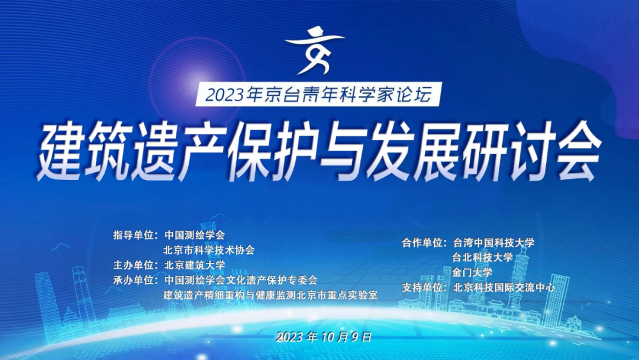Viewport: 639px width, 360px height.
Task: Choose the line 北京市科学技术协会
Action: pyautogui.click(x=209, y=250)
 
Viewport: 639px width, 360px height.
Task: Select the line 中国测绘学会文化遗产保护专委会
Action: pyautogui.click(x=241, y=279)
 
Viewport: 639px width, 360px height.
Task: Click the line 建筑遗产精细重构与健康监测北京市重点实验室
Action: pyautogui.click(x=270, y=294)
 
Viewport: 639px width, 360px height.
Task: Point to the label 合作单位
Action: pyautogui.click(x=424, y=243)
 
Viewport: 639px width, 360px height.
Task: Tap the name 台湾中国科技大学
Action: pyautogui.click(x=493, y=243)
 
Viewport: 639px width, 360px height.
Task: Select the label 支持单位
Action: pyautogui.click(x=424, y=288)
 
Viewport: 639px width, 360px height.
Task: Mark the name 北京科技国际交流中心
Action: pyautogui.click(x=504, y=288)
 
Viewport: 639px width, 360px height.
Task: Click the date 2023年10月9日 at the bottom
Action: pyautogui.click(x=324, y=337)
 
